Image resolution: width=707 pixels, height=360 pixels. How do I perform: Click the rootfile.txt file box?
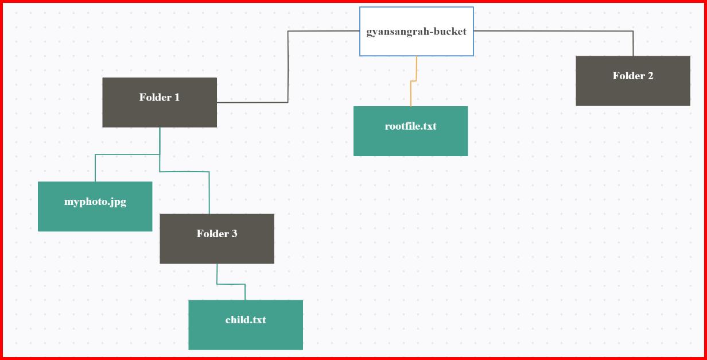pos(410,141)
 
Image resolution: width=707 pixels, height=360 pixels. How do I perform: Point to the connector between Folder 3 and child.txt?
pos(231,284)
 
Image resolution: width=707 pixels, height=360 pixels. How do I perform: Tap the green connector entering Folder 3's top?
pos(209,192)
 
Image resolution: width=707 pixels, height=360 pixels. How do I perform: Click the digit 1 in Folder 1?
pos(177,97)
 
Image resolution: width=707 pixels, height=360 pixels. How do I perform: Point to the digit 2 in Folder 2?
pos(650,76)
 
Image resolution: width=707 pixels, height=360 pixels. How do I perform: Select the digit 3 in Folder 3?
pos(234,234)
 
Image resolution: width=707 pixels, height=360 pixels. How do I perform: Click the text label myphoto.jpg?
pos(95,202)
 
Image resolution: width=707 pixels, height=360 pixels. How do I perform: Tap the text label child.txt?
pos(246,320)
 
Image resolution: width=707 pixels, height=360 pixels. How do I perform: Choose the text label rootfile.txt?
pos(410,126)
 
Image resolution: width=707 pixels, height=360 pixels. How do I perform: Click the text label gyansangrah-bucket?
pos(416,32)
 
